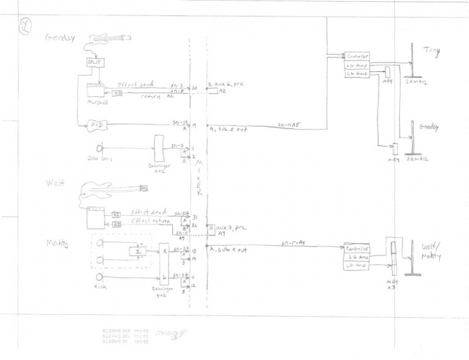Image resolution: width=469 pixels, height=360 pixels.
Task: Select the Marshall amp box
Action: [x=95, y=91]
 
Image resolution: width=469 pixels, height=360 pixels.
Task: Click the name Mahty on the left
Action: [x=58, y=243]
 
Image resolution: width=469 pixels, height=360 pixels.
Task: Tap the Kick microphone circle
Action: [x=100, y=277]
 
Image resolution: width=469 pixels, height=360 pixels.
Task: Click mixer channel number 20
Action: [x=194, y=88]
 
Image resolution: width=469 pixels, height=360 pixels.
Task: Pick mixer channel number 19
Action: [x=194, y=125]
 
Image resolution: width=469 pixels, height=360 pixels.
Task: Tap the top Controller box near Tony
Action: [x=357, y=56]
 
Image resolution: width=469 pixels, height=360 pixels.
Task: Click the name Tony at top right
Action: [x=431, y=51]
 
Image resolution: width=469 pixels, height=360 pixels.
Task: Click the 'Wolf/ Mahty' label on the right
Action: [x=431, y=252]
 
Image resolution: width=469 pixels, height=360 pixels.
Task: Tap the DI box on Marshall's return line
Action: [x=117, y=93]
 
